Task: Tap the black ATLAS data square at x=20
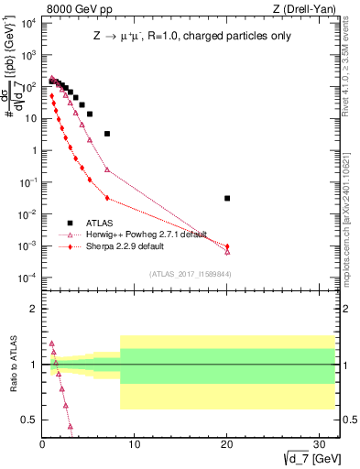click(227, 198)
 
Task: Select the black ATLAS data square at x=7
click(107, 134)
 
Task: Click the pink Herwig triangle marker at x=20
click(227, 251)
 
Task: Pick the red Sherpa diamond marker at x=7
click(107, 198)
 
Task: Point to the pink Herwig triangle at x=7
click(107, 169)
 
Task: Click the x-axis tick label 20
click(227, 443)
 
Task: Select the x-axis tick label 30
click(320, 443)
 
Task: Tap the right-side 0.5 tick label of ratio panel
click(349, 420)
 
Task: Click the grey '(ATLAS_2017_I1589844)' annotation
click(197, 274)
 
